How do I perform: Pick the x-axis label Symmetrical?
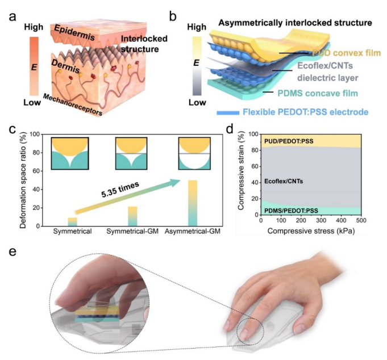pos(73,232)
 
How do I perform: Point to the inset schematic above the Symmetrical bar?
pos(72,153)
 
